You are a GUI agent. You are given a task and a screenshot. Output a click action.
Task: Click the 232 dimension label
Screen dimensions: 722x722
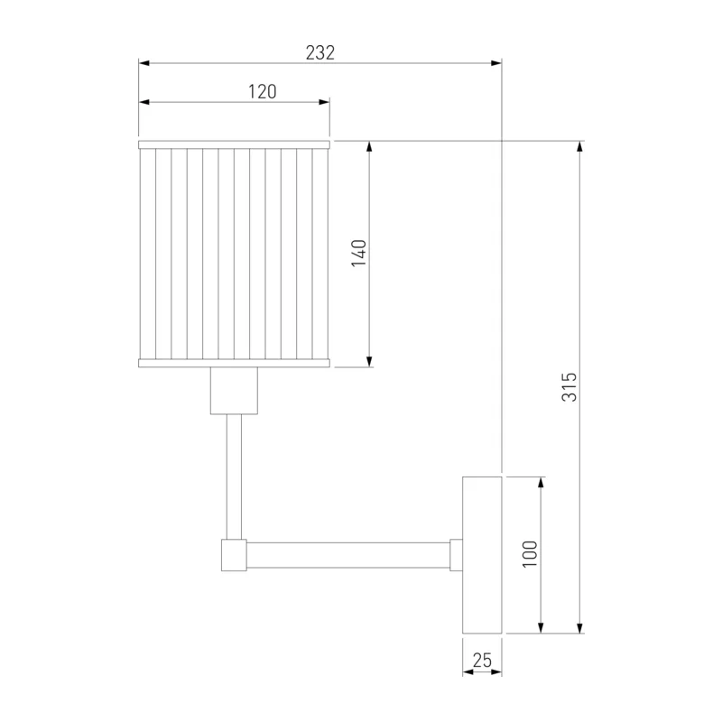[x=320, y=53]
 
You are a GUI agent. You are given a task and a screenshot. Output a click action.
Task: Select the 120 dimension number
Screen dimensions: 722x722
[x=263, y=92]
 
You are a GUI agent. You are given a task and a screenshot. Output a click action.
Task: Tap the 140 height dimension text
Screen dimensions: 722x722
[x=358, y=253]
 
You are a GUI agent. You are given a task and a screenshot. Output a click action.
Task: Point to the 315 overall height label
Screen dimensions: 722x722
[x=569, y=387]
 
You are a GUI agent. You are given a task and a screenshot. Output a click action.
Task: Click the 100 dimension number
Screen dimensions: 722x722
[x=531, y=554]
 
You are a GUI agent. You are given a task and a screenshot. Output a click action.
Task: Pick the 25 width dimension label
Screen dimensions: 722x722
[x=482, y=661]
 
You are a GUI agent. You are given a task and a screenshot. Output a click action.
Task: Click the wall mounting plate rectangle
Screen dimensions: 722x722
[x=482, y=555]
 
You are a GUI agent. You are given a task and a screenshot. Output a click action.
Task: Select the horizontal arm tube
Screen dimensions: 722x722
[x=348, y=555]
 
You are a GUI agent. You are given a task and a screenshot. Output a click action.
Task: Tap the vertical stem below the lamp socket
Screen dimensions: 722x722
[x=234, y=477]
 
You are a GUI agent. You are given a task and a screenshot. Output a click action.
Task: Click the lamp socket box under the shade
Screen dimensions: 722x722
[x=234, y=391]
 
